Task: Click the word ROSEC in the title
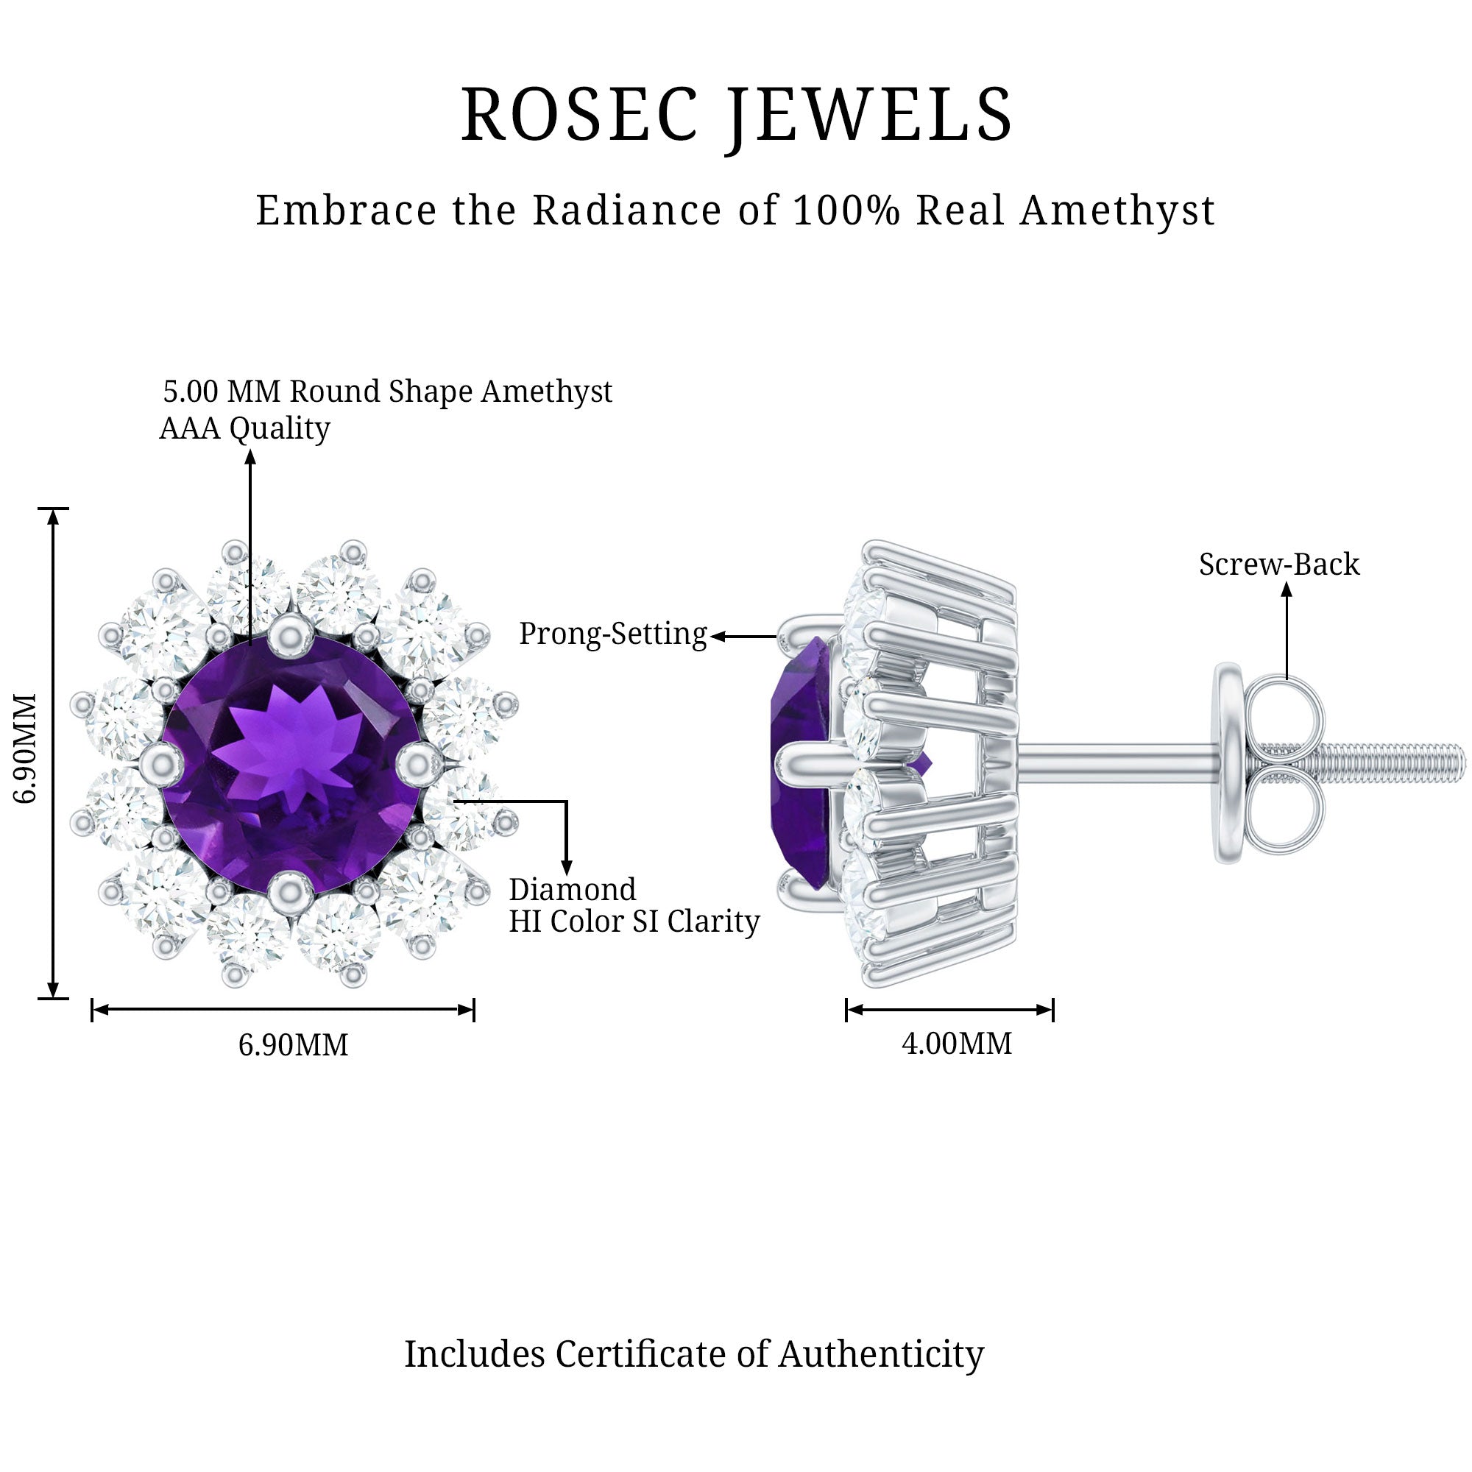coord(579,115)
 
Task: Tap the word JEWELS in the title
coord(868,115)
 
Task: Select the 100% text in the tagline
coord(846,210)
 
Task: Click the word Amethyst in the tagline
coord(1117,212)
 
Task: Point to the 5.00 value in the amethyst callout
coord(191,392)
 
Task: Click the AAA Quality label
coord(244,429)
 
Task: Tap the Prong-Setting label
coord(612,634)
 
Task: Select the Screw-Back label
coord(1279,565)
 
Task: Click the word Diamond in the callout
coord(572,890)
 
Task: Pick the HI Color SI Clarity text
coord(634,922)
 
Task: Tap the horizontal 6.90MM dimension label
coord(294,1044)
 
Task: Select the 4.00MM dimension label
coord(957,1043)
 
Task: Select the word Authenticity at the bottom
coord(881,1354)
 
